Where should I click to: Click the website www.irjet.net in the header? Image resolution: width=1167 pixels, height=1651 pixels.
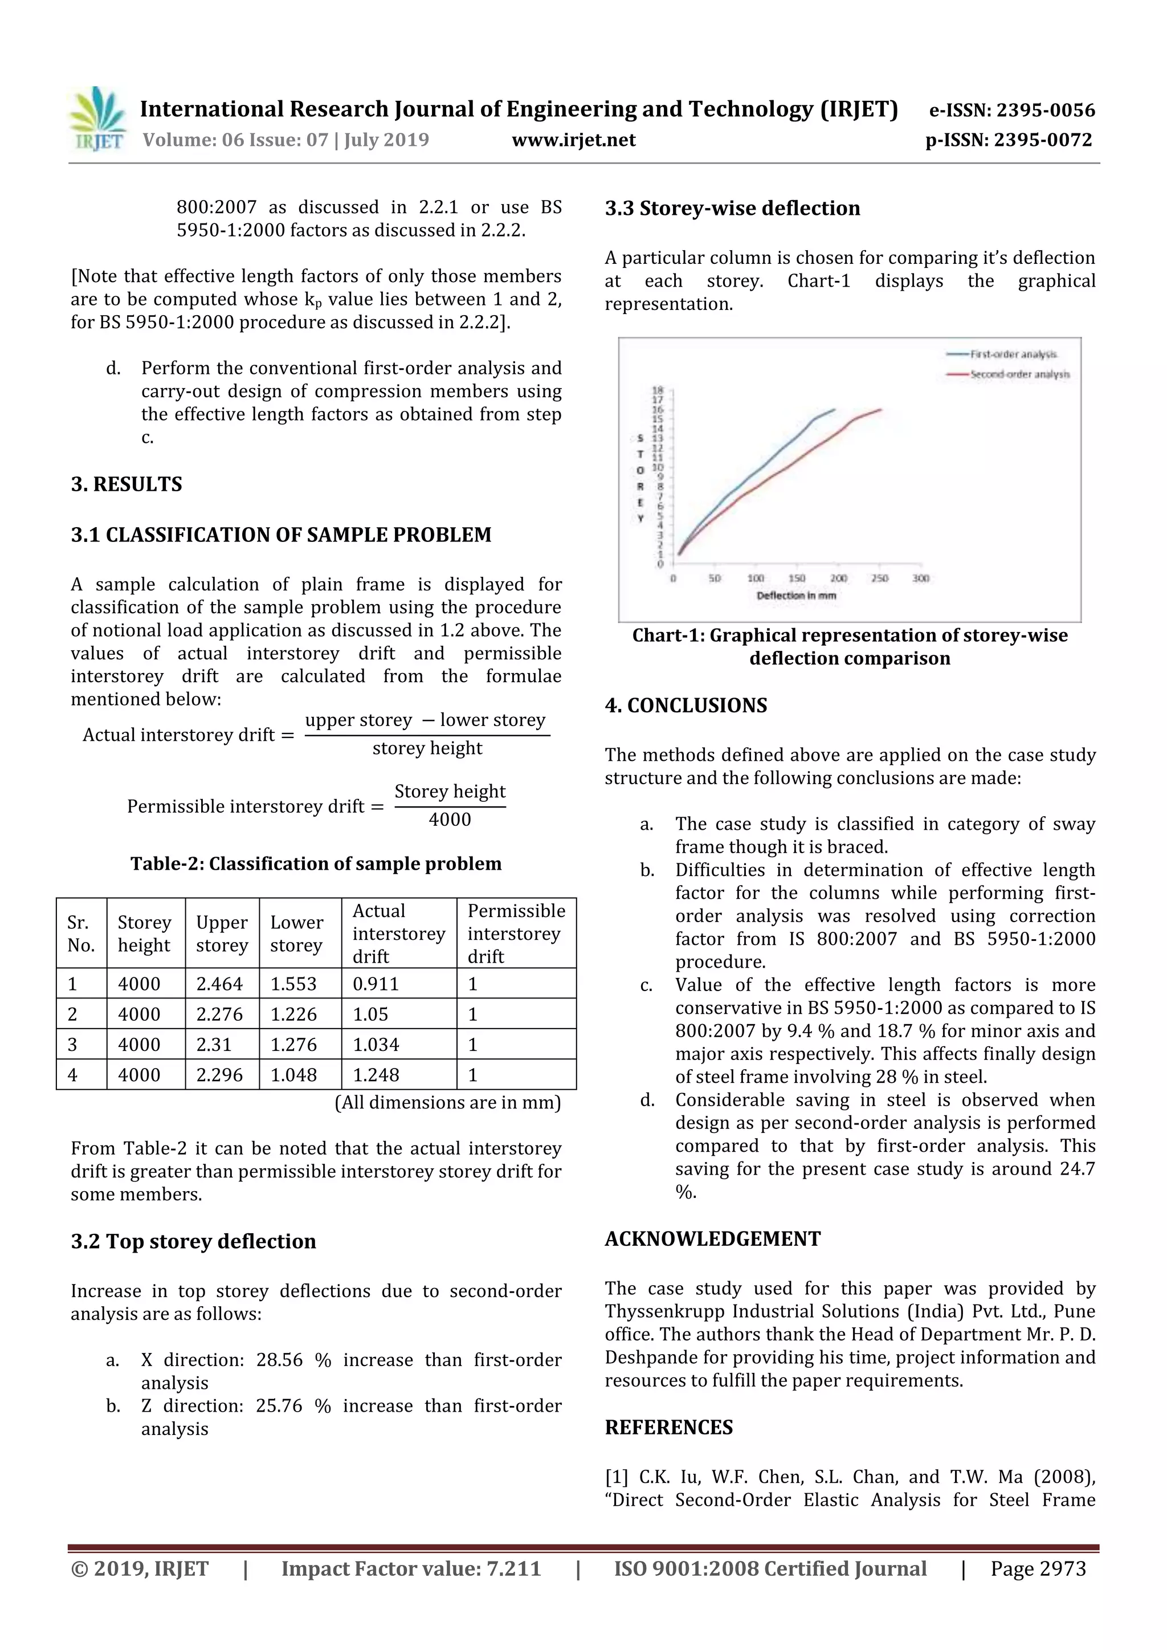click(x=573, y=140)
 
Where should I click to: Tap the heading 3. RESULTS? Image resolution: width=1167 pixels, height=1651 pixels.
click(x=127, y=484)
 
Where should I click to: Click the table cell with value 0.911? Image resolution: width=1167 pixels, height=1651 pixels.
click(x=376, y=984)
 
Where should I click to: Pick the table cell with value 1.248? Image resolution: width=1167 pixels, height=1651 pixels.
click(x=376, y=1075)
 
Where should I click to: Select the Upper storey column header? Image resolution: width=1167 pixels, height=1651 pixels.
click(x=222, y=933)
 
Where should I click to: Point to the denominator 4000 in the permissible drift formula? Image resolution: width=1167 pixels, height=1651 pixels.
click(x=450, y=820)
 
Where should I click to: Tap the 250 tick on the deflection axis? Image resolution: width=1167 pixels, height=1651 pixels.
click(x=879, y=578)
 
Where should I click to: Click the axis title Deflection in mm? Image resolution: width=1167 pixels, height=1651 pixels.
click(x=796, y=596)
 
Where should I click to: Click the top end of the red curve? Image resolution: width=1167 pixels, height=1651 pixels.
click(x=881, y=410)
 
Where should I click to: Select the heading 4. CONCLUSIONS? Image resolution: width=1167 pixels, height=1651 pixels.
click(x=685, y=706)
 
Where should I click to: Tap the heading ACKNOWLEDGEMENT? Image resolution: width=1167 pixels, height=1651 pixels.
click(x=712, y=1239)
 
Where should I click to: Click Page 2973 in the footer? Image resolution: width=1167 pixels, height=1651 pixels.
click(x=1038, y=1569)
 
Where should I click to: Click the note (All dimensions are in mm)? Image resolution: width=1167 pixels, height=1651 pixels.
click(x=447, y=1102)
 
